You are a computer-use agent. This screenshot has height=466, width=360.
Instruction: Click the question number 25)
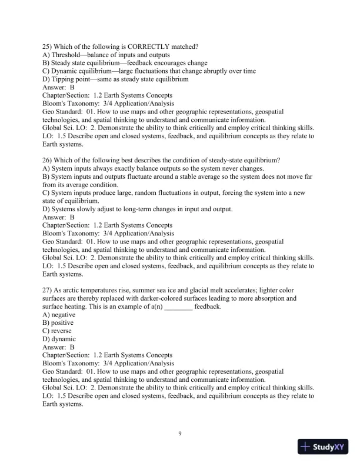pos(48,46)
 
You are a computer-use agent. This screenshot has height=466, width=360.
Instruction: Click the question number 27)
pos(48,290)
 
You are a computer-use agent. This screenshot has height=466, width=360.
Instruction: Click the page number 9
pos(180,434)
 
